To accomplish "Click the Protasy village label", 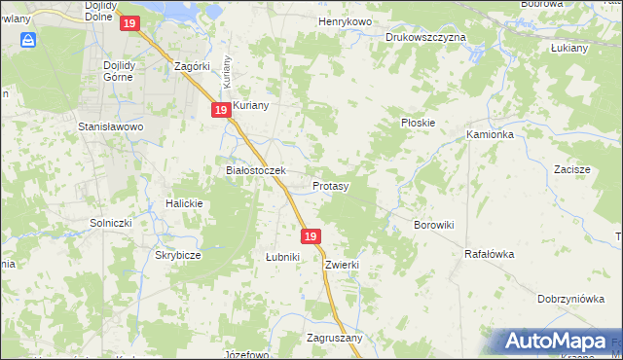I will pyautogui.click(x=331, y=185).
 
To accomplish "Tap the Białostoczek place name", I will pyautogui.click(x=255, y=170).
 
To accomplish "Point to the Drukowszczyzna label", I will pyautogui.click(x=425, y=37).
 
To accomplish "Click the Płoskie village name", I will pyautogui.click(x=418, y=124).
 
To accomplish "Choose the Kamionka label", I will pyautogui.click(x=490, y=134).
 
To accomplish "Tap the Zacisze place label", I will pyautogui.click(x=572, y=169).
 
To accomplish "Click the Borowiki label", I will pyautogui.click(x=434, y=225).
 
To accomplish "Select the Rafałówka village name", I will pyautogui.click(x=489, y=254).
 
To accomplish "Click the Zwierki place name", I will pyautogui.click(x=344, y=265).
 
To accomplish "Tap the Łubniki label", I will pyautogui.click(x=282, y=257).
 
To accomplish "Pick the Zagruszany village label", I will pyautogui.click(x=334, y=339).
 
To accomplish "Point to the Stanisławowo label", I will pyautogui.click(x=111, y=126).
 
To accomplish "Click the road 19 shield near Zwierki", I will pyautogui.click(x=311, y=236).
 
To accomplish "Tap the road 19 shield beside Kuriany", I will pyautogui.click(x=221, y=111).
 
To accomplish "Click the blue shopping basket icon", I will pyautogui.click(x=30, y=40).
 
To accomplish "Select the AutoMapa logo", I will pyautogui.click(x=558, y=342).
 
